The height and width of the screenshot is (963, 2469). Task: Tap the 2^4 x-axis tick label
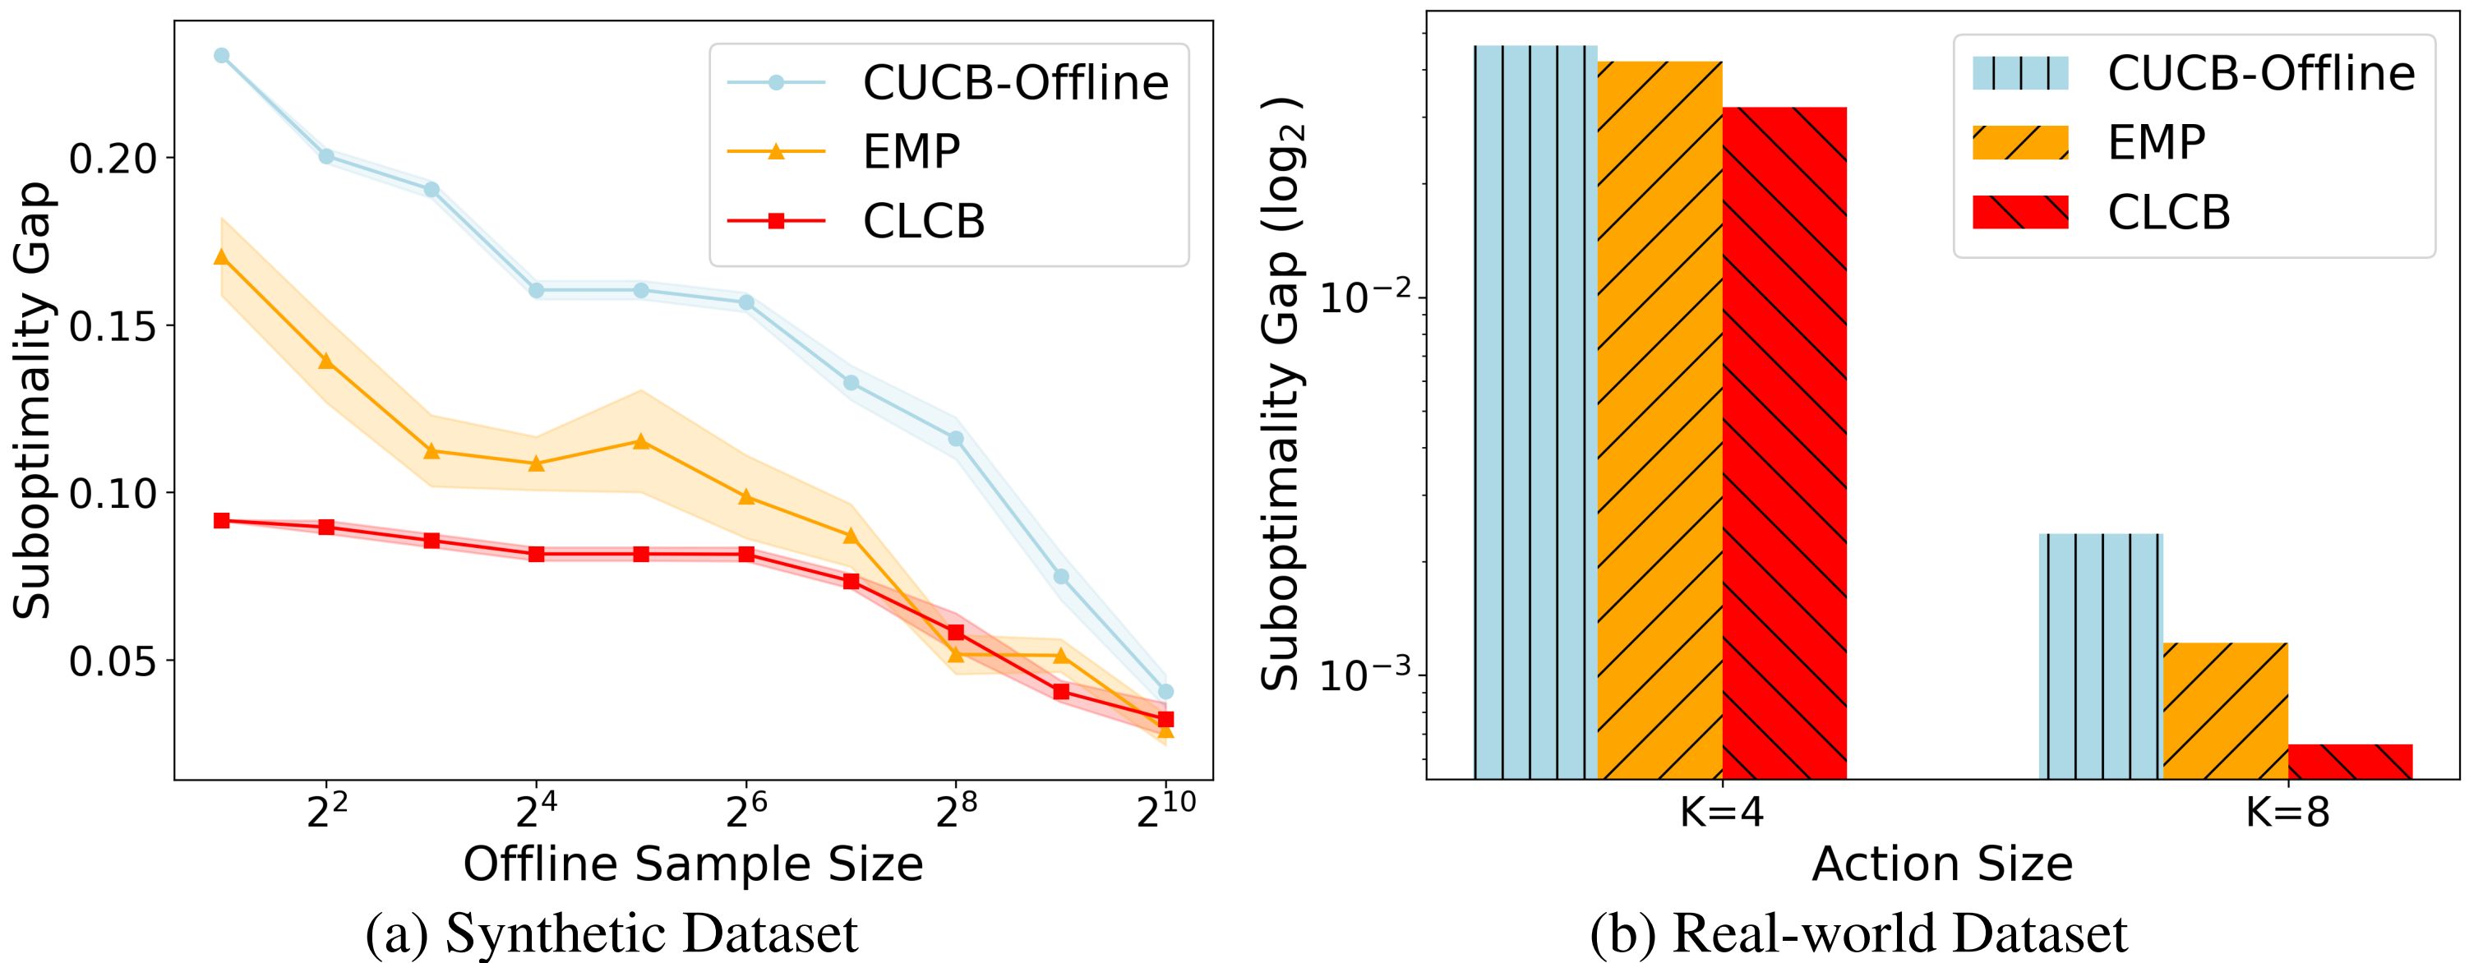coord(536,815)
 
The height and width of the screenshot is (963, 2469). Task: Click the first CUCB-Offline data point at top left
coord(221,56)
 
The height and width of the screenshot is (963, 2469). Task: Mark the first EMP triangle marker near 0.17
coord(221,257)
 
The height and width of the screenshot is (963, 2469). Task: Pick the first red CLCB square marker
coord(221,520)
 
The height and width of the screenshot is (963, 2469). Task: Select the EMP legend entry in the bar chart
coord(2157,143)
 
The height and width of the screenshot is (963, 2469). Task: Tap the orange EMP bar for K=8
coord(2226,709)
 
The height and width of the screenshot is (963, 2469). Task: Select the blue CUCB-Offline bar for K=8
coord(2100,656)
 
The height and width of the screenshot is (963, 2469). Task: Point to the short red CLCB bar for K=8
coord(2350,761)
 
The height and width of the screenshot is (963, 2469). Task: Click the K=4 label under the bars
coord(1723,814)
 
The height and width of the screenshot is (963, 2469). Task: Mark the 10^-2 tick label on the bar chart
coord(1361,299)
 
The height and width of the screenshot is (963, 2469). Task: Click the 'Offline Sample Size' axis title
coord(693,865)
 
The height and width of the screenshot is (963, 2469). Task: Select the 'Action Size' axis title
coord(1942,865)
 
